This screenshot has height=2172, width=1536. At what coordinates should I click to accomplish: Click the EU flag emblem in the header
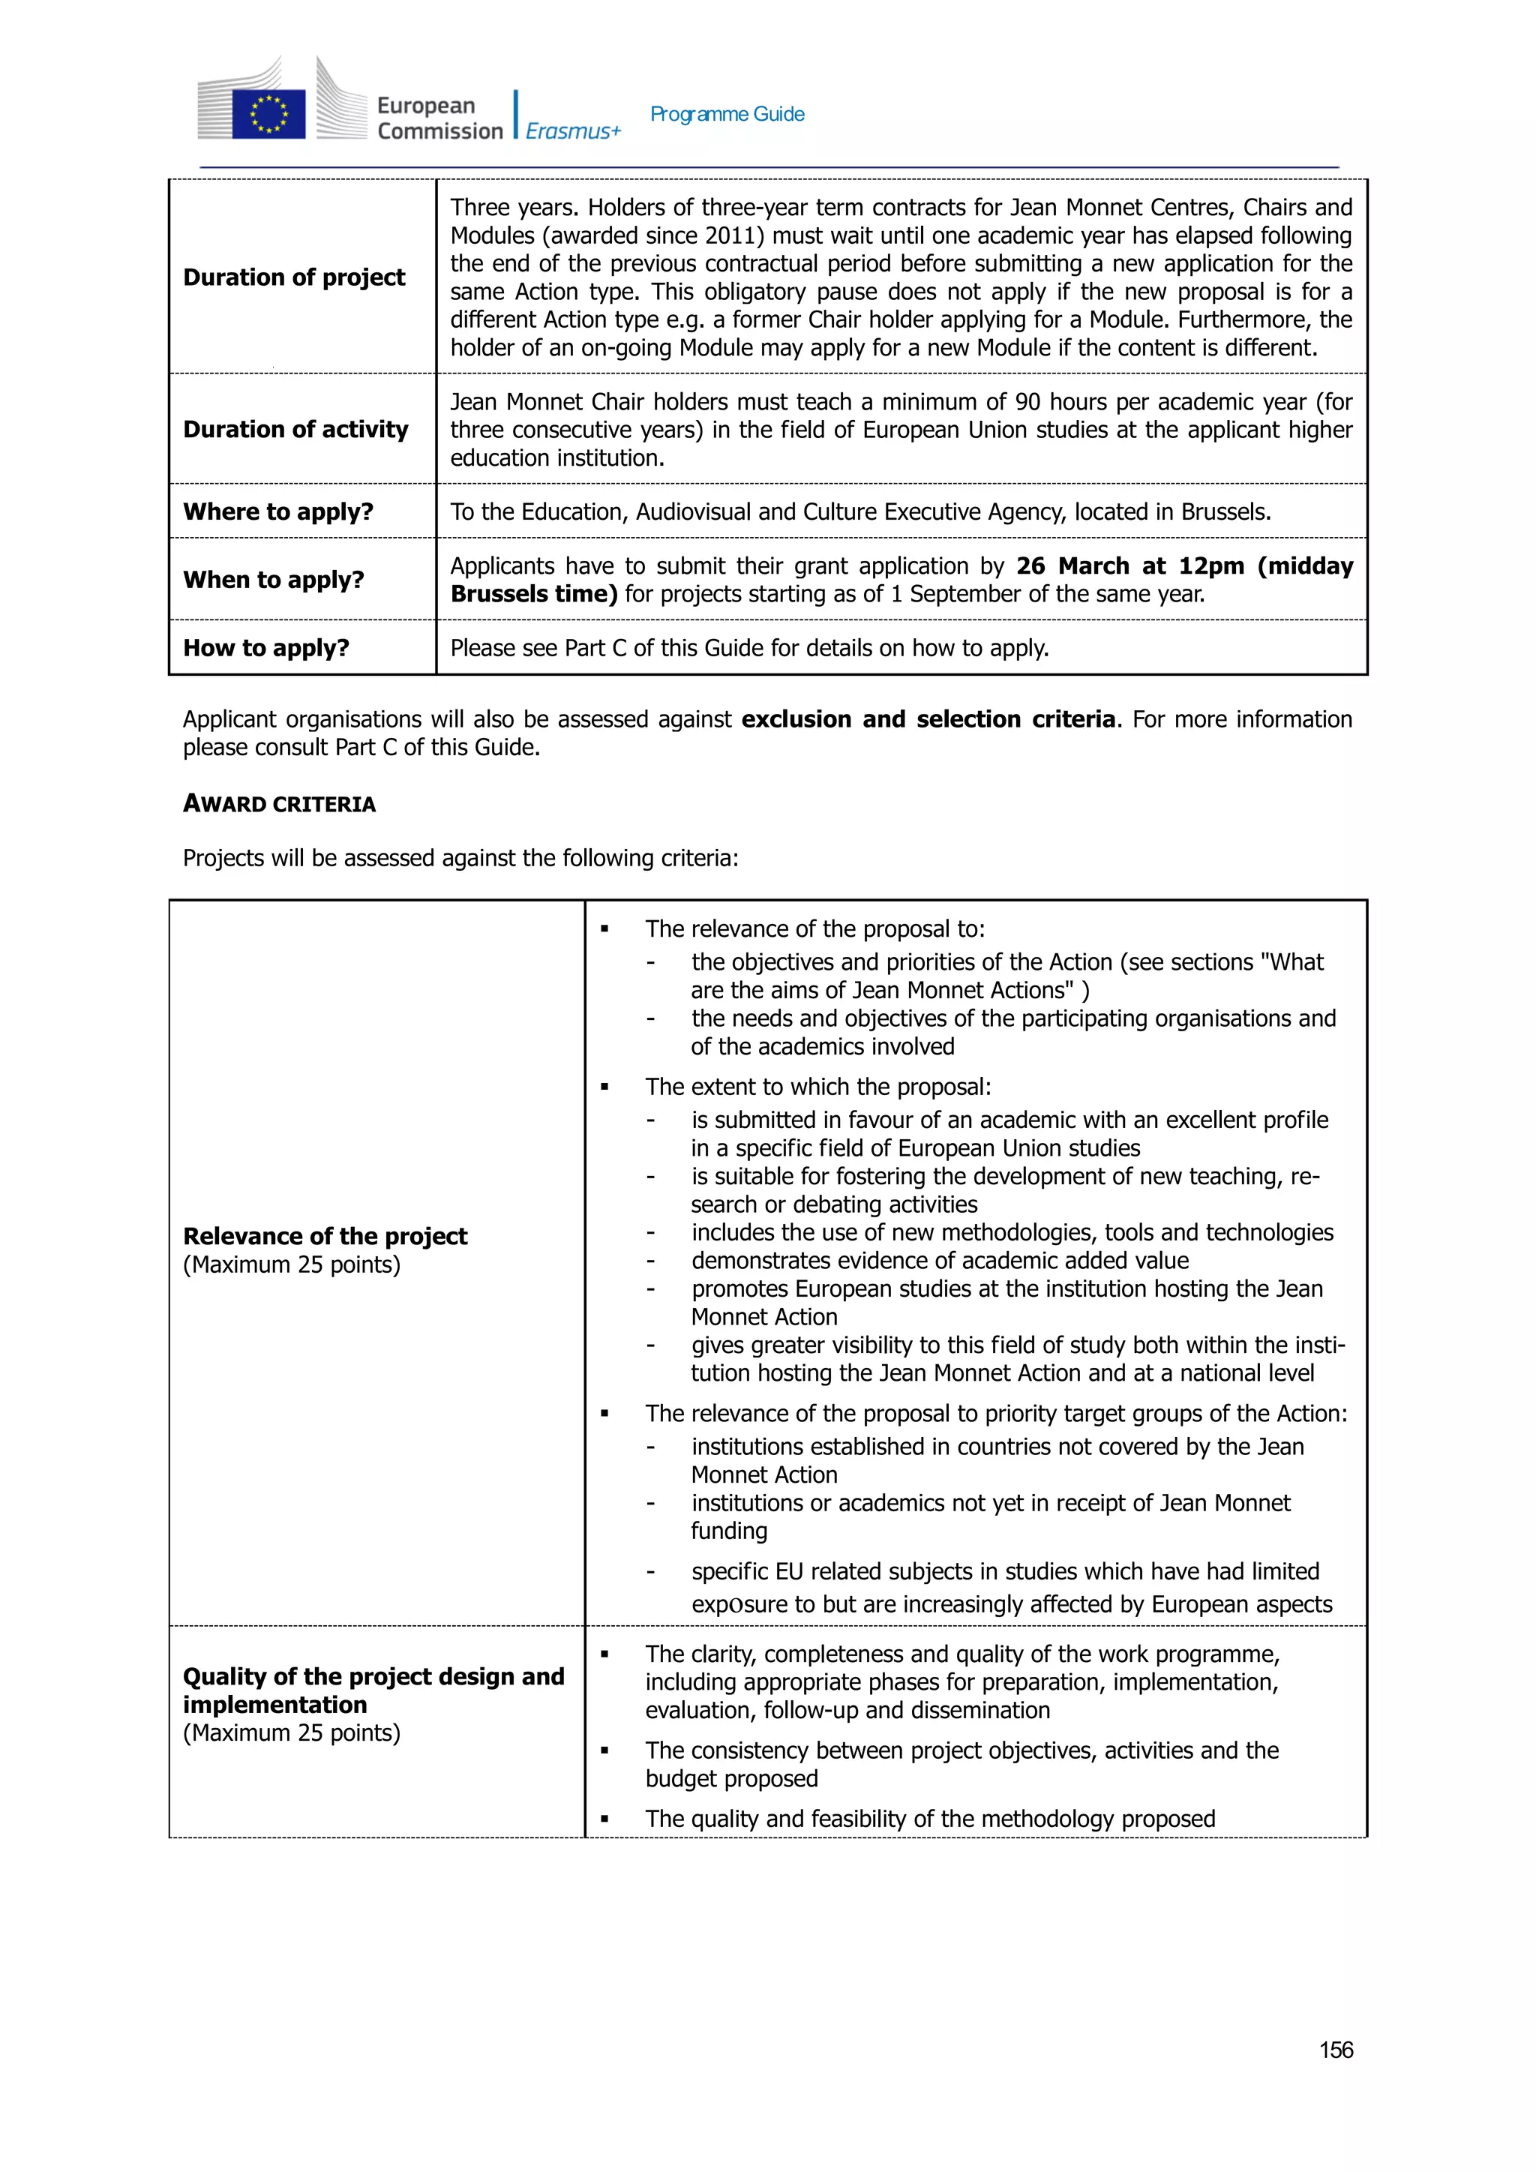268,113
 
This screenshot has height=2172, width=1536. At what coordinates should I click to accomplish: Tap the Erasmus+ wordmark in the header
573,131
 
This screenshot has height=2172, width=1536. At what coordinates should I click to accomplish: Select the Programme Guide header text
727,115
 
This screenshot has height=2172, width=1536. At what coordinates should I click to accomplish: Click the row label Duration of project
294,277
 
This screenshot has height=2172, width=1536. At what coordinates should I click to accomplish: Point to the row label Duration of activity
295,430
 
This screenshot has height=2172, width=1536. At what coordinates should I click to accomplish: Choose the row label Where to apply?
278,511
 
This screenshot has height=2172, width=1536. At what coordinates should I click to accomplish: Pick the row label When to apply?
273,580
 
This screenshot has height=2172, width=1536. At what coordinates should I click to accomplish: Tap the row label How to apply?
265,648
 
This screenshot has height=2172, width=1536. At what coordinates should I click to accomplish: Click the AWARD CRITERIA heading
279,804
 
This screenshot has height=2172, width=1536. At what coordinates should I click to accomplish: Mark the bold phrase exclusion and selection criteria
928,719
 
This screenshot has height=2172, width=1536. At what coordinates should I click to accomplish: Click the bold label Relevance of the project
325,1237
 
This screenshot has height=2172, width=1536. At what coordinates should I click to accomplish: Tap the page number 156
1336,2050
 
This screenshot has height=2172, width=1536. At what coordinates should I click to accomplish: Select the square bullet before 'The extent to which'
604,1087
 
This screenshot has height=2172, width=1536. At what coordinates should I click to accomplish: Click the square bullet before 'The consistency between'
604,1751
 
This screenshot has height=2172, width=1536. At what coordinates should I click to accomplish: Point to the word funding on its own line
728,1531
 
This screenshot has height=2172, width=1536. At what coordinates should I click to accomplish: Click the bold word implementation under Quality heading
274,1705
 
